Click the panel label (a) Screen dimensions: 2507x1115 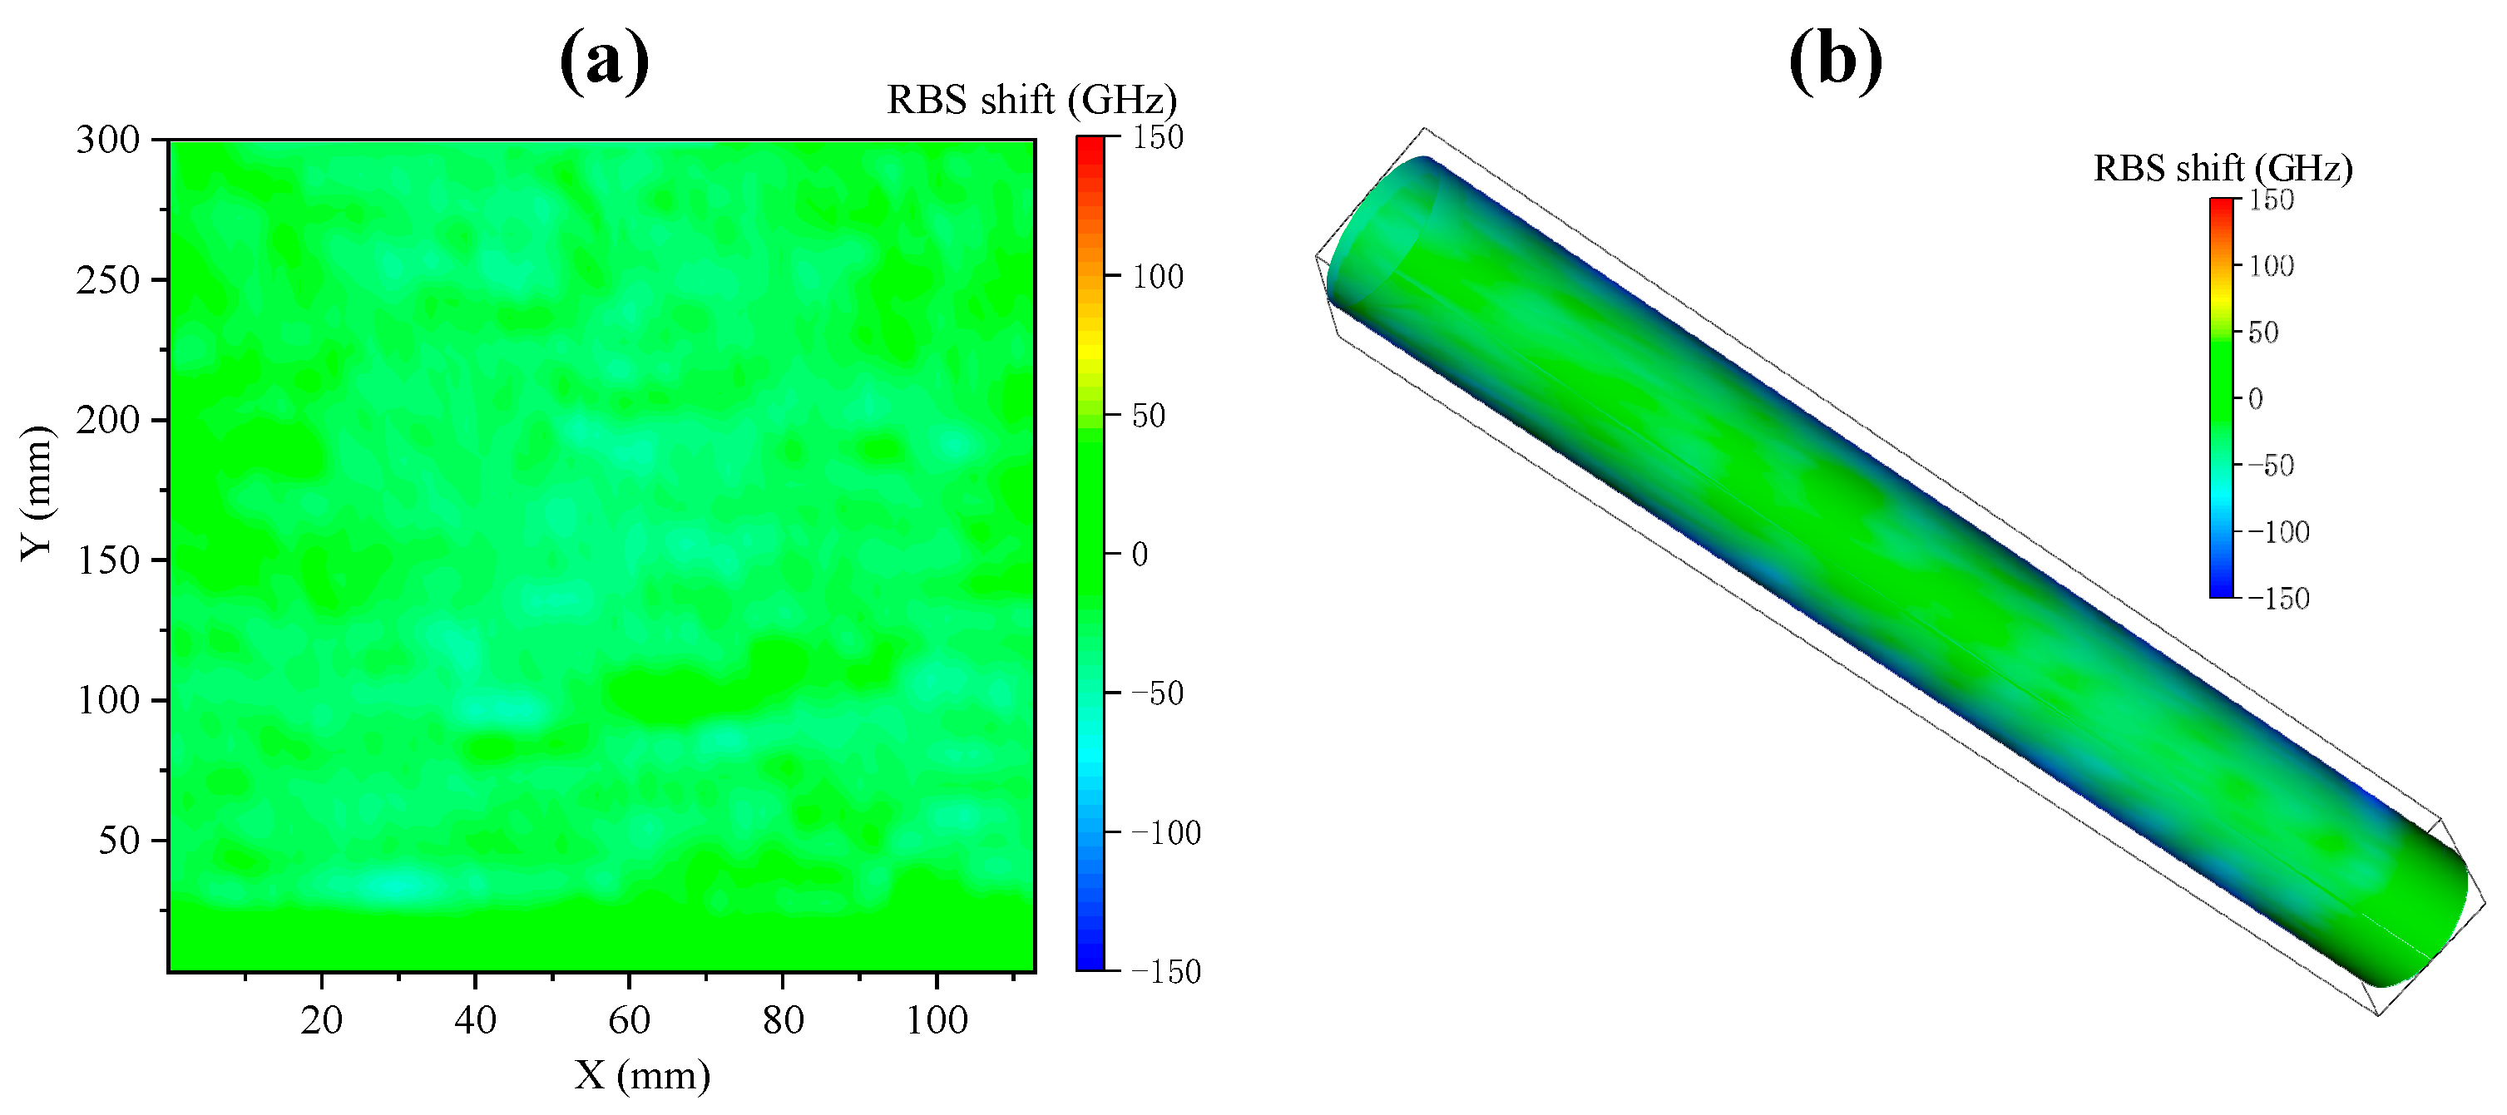[605, 61]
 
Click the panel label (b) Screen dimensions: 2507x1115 [1836, 61]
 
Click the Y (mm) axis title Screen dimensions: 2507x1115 [37, 493]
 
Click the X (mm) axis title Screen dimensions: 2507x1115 [642, 1076]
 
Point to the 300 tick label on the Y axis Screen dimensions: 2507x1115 [108, 141]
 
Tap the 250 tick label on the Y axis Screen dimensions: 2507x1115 [108, 280]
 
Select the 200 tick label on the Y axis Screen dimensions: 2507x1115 [108, 421]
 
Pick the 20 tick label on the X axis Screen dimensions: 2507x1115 [321, 1019]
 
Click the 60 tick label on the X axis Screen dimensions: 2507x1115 [629, 1019]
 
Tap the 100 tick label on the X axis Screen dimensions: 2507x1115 [937, 1019]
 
